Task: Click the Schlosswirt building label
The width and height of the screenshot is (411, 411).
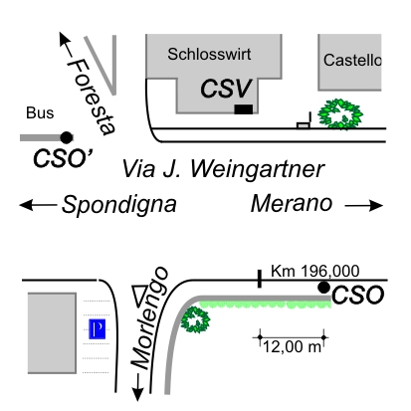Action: [x=209, y=54]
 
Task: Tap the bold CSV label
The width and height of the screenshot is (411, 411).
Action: [x=226, y=89]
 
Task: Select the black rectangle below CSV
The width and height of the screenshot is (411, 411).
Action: [x=244, y=109]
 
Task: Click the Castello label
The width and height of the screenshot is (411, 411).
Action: [x=352, y=61]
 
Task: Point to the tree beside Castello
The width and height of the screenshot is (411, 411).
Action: [x=340, y=113]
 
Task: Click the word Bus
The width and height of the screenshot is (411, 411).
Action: [x=40, y=113]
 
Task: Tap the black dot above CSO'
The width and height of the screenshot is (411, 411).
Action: [x=67, y=137]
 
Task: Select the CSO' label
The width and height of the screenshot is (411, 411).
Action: [x=63, y=158]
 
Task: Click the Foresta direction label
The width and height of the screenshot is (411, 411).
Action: [x=92, y=97]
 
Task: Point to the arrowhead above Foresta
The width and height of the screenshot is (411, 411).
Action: [x=64, y=39]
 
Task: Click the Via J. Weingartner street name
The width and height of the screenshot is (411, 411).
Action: [x=223, y=169]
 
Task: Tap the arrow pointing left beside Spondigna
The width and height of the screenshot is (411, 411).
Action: [x=38, y=205]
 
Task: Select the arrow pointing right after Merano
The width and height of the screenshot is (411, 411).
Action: [x=364, y=205]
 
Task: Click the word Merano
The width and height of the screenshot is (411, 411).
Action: [x=292, y=203]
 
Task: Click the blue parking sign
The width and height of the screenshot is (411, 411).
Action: [x=97, y=329]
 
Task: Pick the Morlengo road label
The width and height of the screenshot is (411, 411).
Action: [x=149, y=317]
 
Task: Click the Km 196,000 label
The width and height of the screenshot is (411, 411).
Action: [x=315, y=271]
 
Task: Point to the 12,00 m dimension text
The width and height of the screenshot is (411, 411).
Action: [x=292, y=347]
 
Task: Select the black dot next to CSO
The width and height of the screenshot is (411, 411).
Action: [x=324, y=288]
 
